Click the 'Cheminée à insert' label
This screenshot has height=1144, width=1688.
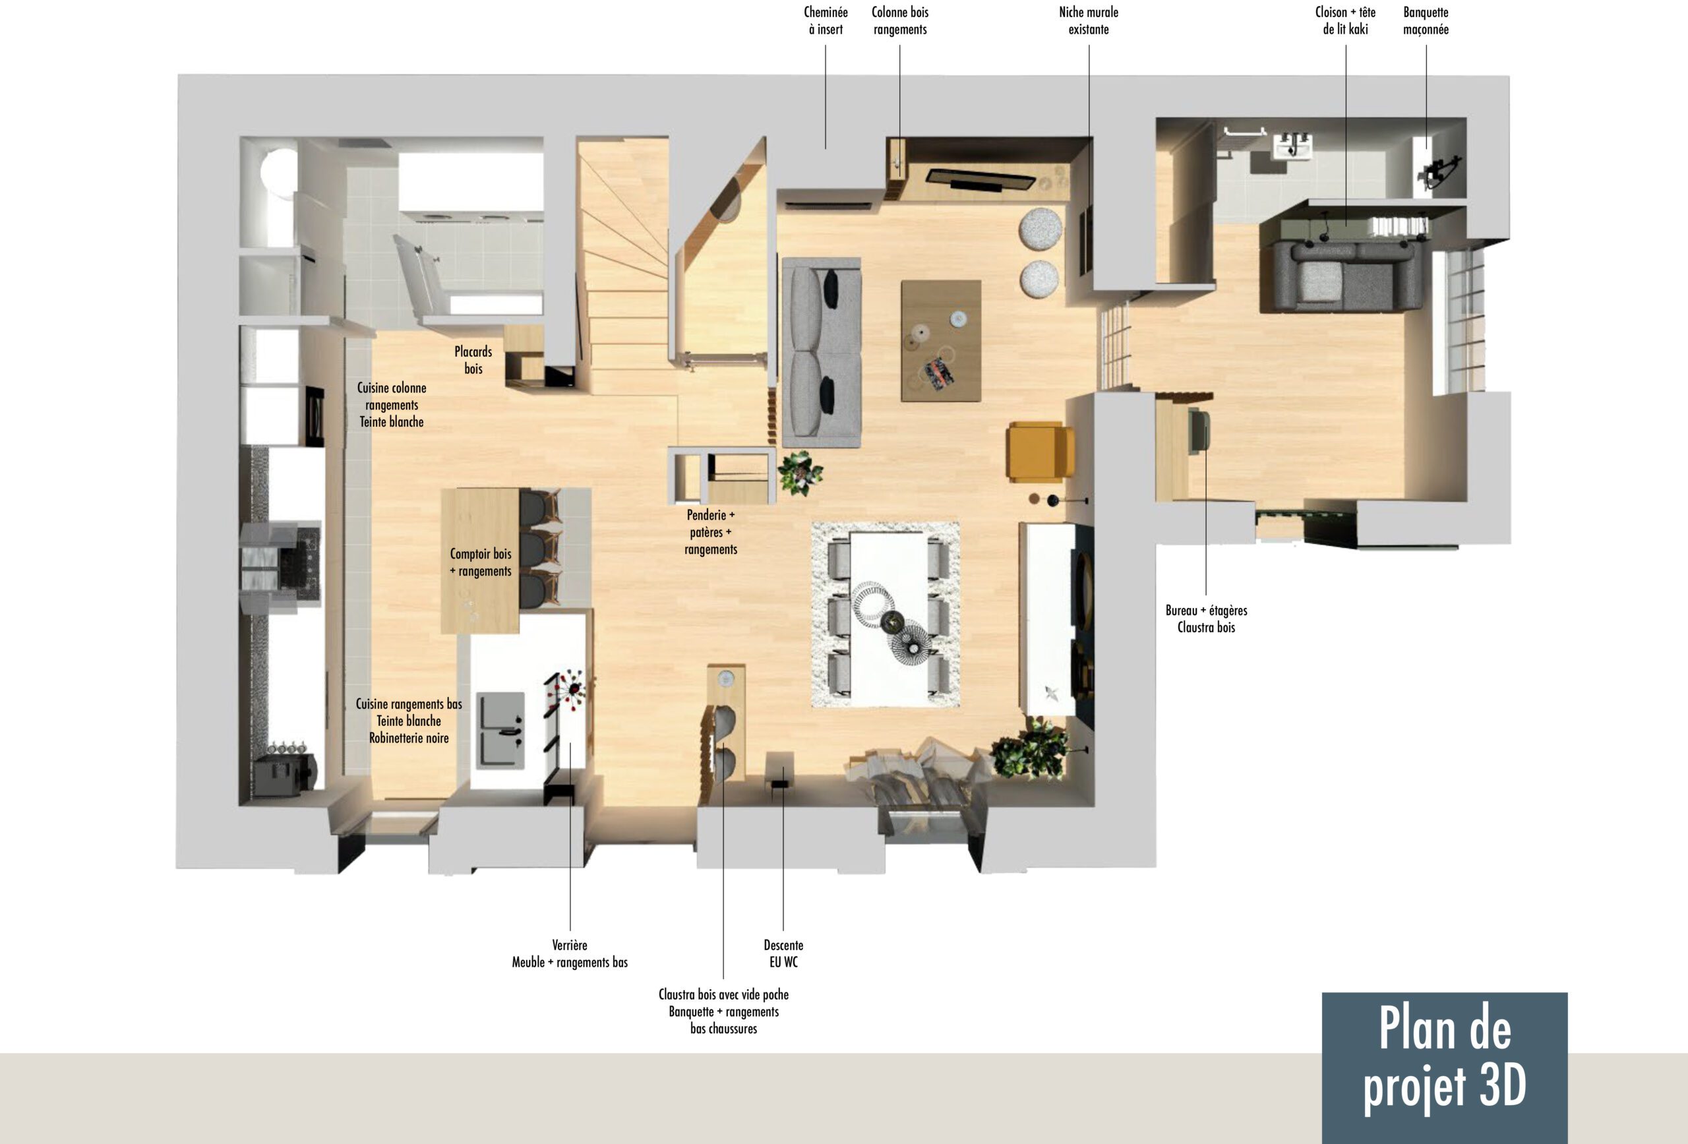(x=826, y=20)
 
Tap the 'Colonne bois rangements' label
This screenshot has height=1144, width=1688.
(x=900, y=20)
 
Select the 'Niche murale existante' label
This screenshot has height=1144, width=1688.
(x=1088, y=20)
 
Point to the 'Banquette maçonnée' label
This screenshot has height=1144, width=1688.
(x=1426, y=20)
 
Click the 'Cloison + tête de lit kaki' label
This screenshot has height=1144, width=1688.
(x=1345, y=20)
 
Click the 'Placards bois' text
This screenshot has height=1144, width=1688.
(x=473, y=360)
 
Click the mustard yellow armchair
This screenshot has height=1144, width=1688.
(x=1040, y=452)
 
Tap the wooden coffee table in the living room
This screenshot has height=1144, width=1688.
(x=942, y=341)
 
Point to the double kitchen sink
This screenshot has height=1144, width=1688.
(x=500, y=731)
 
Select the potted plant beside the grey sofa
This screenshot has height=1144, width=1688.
(x=800, y=473)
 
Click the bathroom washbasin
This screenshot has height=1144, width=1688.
(x=1293, y=148)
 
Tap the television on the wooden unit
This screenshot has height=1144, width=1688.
(x=980, y=179)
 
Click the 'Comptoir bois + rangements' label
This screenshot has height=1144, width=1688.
(x=481, y=562)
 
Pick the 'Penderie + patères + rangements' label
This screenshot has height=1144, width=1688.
(x=711, y=532)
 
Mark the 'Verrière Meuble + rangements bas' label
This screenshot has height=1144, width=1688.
(x=570, y=953)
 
